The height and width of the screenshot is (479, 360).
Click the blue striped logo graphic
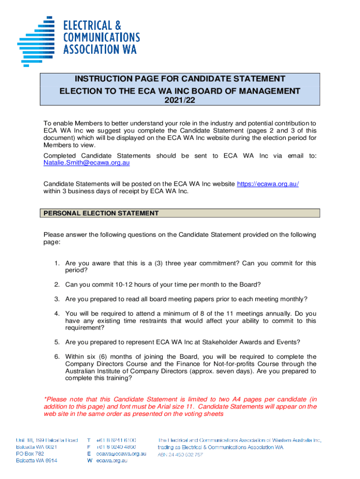pyautogui.click(x=36, y=40)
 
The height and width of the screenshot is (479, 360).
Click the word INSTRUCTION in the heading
pyautogui.click(x=104, y=79)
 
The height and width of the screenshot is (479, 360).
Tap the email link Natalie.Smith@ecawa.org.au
pyautogui.click(x=86, y=163)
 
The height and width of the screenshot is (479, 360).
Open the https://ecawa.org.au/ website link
pyautogui.click(x=267, y=184)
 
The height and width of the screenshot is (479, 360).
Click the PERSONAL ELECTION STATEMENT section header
pyautogui.click(x=101, y=213)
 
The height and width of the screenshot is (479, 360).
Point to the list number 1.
pyautogui.click(x=56, y=263)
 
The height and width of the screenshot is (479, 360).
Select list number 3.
pyautogui.click(x=56, y=299)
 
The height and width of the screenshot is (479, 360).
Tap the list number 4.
pyautogui.click(x=56, y=313)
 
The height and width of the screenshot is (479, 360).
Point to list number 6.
pyautogui.click(x=56, y=356)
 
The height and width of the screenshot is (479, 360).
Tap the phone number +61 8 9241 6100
pyautogui.click(x=116, y=440)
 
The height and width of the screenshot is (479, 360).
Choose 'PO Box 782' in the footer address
pyautogui.click(x=30, y=454)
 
